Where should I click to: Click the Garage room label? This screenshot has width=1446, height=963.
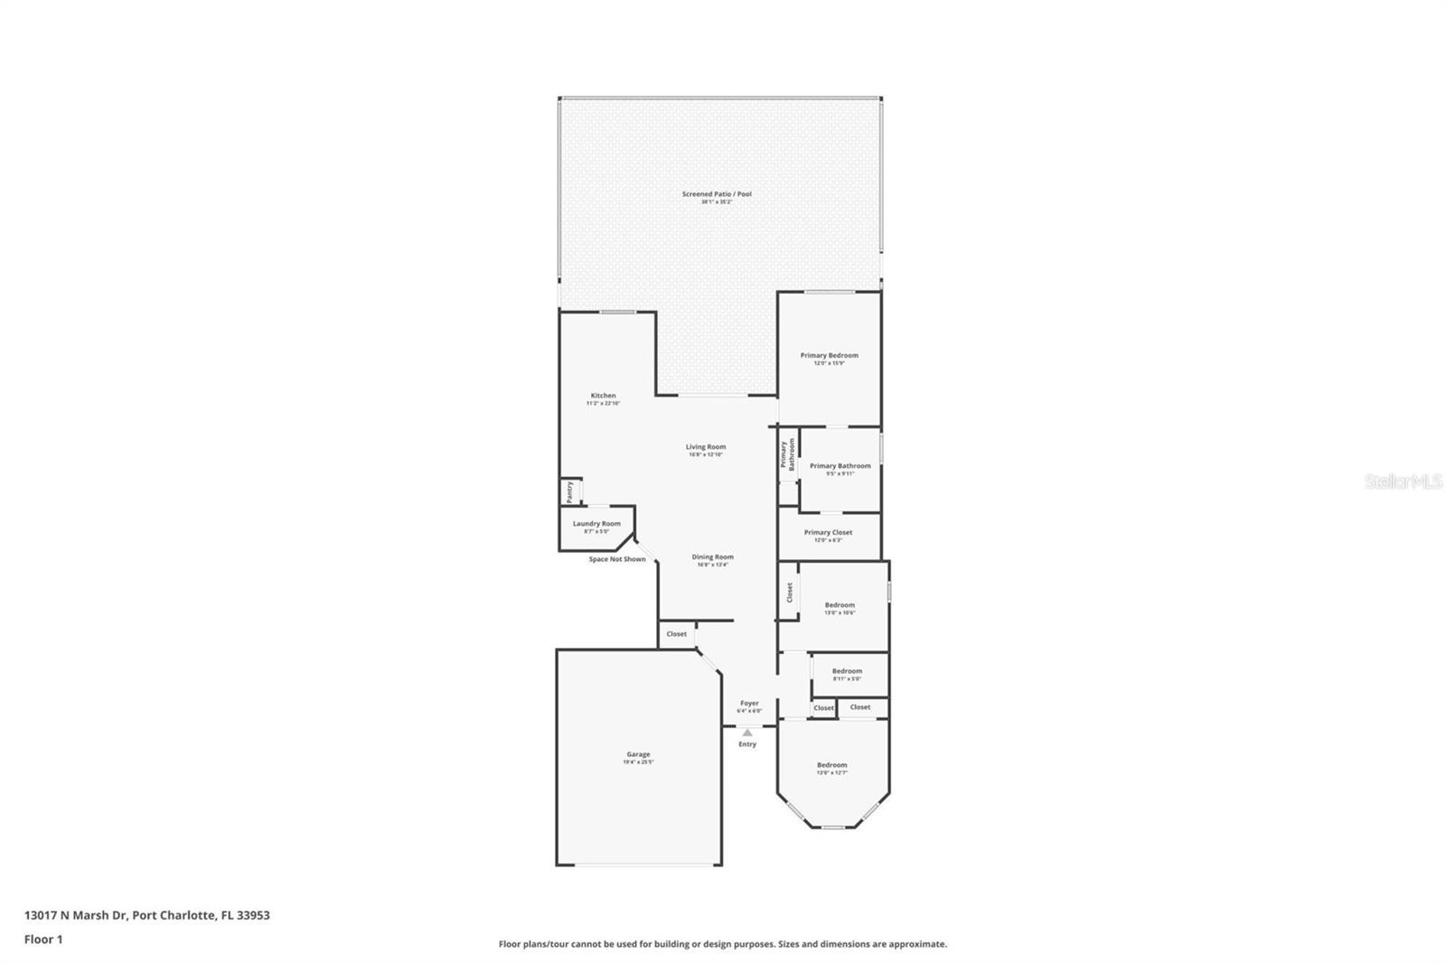[638, 755]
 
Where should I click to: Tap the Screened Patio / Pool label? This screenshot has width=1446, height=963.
[717, 194]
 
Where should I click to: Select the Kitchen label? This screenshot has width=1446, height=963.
[603, 396]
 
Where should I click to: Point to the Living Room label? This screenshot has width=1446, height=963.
[705, 447]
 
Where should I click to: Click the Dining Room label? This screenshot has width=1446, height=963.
[712, 557]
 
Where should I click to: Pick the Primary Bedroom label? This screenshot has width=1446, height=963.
[829, 356]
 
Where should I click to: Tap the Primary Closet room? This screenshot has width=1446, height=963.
[828, 533]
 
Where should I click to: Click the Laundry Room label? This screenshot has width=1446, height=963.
[596, 524]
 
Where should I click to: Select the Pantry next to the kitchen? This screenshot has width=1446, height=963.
[569, 491]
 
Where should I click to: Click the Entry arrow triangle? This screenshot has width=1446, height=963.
[746, 733]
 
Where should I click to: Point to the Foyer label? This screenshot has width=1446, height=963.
[749, 703]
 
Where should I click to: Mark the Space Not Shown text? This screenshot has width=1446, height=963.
[617, 559]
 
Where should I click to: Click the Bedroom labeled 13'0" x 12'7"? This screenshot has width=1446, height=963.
[832, 766]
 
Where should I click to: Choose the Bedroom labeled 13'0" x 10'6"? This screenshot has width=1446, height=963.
[840, 606]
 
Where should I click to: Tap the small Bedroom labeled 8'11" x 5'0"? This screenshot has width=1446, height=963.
[847, 672]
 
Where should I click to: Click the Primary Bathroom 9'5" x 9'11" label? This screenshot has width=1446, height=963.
[840, 467]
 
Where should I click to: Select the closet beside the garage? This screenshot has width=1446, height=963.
[676, 634]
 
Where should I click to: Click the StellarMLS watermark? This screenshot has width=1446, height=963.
[1403, 482]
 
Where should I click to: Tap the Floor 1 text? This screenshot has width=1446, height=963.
[43, 940]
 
